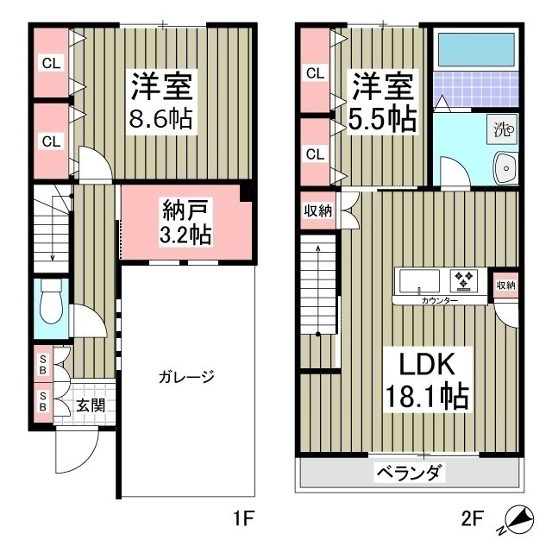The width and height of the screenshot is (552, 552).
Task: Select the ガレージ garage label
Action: pyautogui.click(x=185, y=377)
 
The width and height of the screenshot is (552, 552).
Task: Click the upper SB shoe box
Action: pyautogui.click(x=41, y=362)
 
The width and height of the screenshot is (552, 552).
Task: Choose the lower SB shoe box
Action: pyautogui.click(x=41, y=402)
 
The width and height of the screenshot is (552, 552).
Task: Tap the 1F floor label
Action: pyautogui.click(x=244, y=520)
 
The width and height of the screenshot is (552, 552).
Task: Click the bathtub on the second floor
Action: pyautogui.click(x=474, y=53)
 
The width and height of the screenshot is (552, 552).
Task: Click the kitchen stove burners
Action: pyautogui.click(x=465, y=279)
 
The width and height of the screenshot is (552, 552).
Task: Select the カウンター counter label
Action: pyautogui.click(x=440, y=301)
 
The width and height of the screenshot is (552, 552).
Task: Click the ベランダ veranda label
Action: pyautogui.click(x=410, y=472)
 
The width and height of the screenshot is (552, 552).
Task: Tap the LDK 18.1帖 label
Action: pyautogui.click(x=426, y=379)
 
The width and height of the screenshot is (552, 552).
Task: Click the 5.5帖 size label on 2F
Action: pyautogui.click(x=383, y=118)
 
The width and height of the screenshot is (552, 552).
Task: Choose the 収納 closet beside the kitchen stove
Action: pyautogui.click(x=505, y=285)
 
